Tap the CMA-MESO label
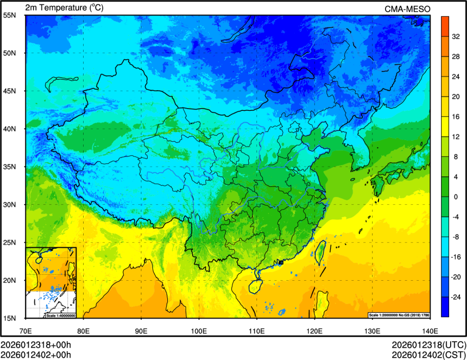coord(407,9)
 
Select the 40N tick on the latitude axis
coord(9,129)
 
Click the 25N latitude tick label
coord(9,242)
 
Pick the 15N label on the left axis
coord(9,318)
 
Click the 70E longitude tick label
coord(26,330)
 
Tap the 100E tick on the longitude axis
coord(199,330)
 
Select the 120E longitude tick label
coord(314,330)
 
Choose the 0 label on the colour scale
coord(456,197)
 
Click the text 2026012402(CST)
coord(429,355)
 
